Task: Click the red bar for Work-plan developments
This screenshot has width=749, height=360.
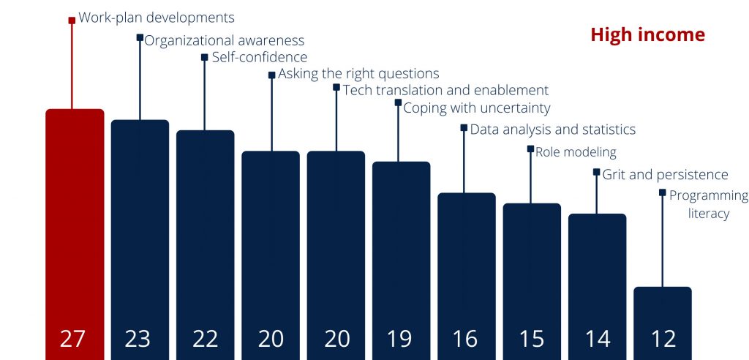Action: [75, 234]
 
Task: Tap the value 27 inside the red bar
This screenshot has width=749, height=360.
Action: [72, 339]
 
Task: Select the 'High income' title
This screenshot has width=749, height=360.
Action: [647, 35]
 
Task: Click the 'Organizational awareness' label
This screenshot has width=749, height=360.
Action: [224, 41]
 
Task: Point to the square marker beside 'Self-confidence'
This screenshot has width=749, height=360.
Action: [205, 57]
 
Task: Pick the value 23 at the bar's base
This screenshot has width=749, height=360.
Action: [138, 339]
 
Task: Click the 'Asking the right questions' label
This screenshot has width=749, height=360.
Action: [358, 74]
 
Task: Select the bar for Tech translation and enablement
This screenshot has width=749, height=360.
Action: [336, 255]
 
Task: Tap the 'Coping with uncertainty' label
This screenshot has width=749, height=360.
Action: [477, 108]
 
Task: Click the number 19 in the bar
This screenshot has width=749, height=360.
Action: [399, 339]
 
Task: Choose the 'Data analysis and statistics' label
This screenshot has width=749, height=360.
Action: [553, 130]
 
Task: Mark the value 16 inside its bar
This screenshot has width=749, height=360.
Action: [464, 339]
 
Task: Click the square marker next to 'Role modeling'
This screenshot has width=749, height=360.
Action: [531, 149]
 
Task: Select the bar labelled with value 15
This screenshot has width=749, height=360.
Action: [532, 282]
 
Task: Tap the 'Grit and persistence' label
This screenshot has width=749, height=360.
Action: [665, 175]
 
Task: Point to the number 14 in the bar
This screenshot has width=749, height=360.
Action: [598, 339]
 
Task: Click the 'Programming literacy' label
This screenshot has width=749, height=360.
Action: [708, 205]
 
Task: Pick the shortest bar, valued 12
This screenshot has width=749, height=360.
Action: [663, 323]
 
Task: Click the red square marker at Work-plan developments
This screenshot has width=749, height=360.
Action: [72, 20]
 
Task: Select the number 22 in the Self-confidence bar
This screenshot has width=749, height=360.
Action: [206, 339]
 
